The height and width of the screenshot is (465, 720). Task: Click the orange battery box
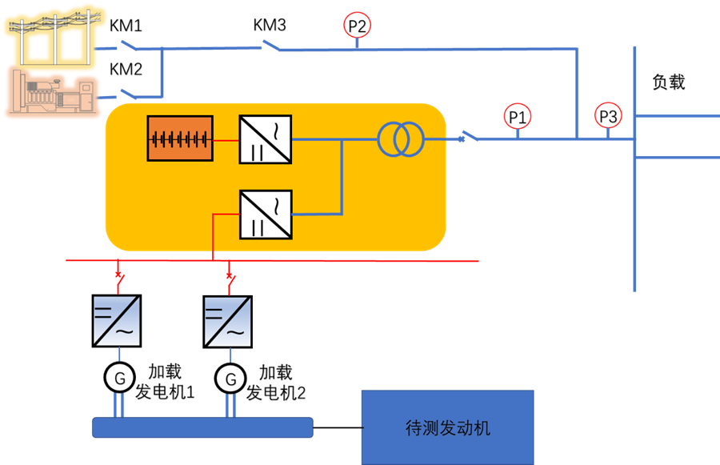(x=181, y=138)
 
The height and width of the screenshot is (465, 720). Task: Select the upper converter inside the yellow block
(x=266, y=139)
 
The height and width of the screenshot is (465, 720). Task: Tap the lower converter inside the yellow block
(x=266, y=214)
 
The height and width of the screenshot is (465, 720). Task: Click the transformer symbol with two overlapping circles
(x=400, y=139)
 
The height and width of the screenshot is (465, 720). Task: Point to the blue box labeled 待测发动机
(x=447, y=427)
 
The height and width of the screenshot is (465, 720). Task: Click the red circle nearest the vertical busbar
(x=608, y=115)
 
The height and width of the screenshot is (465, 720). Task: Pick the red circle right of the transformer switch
(x=517, y=116)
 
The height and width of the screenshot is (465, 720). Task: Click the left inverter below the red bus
(x=117, y=321)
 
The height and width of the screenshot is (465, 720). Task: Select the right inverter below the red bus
(x=228, y=321)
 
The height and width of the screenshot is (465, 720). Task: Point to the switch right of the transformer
(x=470, y=138)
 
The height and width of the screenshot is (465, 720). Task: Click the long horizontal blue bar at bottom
(x=202, y=427)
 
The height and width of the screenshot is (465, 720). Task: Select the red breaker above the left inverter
(x=119, y=276)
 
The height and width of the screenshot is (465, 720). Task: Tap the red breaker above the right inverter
(x=230, y=277)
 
